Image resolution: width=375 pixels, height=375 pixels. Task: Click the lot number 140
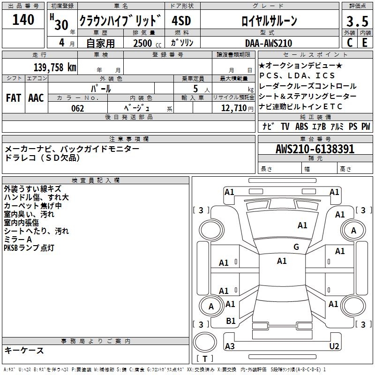point(23,20)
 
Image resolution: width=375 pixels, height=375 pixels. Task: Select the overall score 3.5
point(357,21)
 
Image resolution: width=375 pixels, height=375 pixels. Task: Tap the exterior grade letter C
point(349,43)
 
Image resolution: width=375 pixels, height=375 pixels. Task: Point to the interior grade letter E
point(365,43)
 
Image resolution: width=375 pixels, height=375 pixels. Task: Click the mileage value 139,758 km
point(55,67)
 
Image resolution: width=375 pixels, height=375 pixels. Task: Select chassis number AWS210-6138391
point(315,150)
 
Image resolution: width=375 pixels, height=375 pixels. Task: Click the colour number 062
point(77,108)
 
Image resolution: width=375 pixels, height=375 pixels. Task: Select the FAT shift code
point(13,98)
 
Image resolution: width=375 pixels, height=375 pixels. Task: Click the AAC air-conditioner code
point(36,98)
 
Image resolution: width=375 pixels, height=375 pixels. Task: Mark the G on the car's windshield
point(296,247)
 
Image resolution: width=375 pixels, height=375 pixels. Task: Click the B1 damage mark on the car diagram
point(231,321)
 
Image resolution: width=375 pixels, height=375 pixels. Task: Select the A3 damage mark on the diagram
point(230,346)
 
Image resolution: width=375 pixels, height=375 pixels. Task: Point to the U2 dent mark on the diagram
point(334,346)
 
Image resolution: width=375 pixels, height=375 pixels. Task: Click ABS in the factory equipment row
point(301,127)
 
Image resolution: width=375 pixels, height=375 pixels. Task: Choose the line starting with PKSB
point(29,248)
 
